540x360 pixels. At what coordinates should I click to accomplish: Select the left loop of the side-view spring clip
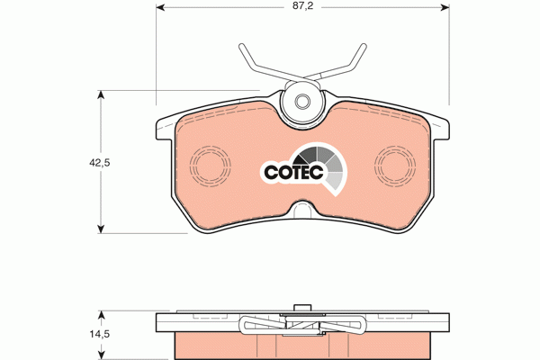[x=249, y=325]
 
